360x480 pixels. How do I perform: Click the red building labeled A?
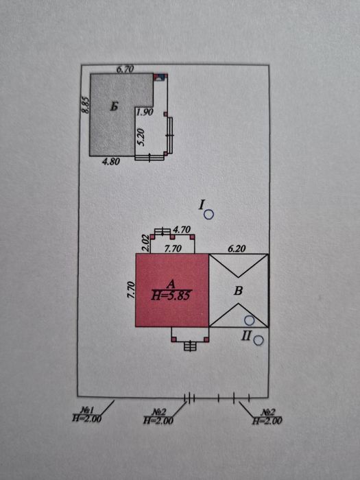point(172,290)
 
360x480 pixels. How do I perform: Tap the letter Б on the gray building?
point(115,107)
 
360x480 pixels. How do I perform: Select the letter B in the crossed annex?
point(238,291)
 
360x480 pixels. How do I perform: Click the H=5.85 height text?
point(171,296)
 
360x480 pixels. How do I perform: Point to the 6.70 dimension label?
point(125,69)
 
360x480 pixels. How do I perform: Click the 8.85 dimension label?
point(86,106)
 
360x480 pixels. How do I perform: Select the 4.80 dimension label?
point(110,161)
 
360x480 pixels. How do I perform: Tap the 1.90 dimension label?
point(145,112)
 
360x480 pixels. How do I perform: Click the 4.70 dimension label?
point(182,229)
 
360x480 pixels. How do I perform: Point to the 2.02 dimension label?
point(145,243)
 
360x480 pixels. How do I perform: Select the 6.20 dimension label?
point(237,249)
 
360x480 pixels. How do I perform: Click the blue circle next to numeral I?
point(208,215)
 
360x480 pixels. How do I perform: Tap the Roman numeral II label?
point(246,336)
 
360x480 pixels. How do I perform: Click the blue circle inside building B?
point(250,320)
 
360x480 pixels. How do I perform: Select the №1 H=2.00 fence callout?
point(86,414)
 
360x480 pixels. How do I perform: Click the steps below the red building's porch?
point(190,346)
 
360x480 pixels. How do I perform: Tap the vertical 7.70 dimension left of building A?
point(131,290)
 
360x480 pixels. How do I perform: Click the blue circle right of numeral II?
point(259,340)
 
